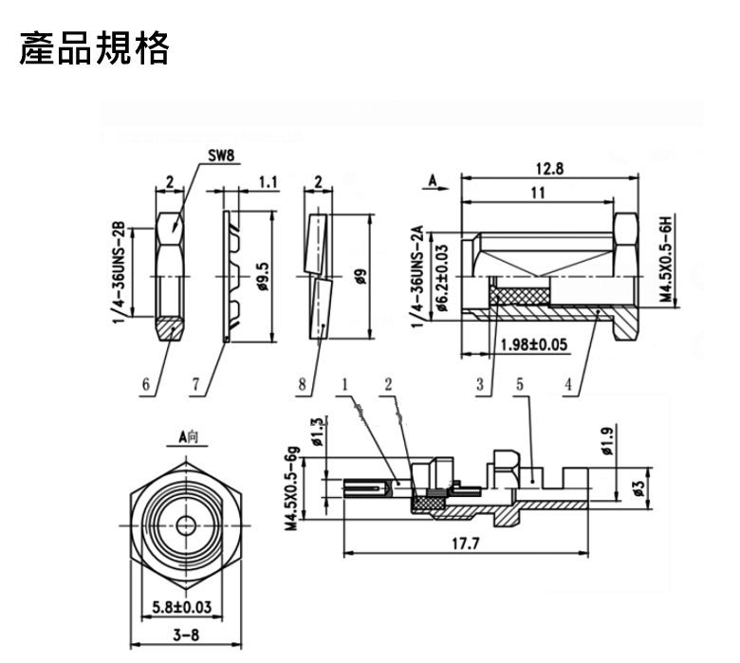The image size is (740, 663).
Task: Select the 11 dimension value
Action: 538,193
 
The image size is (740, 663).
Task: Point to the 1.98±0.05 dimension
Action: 537,344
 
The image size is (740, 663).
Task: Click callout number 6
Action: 146,385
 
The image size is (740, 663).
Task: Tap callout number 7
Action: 195,385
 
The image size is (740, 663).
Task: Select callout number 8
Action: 302,385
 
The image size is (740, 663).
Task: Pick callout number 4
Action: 566,385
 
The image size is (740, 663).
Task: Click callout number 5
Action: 520,385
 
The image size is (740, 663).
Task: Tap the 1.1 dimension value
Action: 267,181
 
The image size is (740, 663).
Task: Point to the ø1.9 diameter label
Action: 607,439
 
